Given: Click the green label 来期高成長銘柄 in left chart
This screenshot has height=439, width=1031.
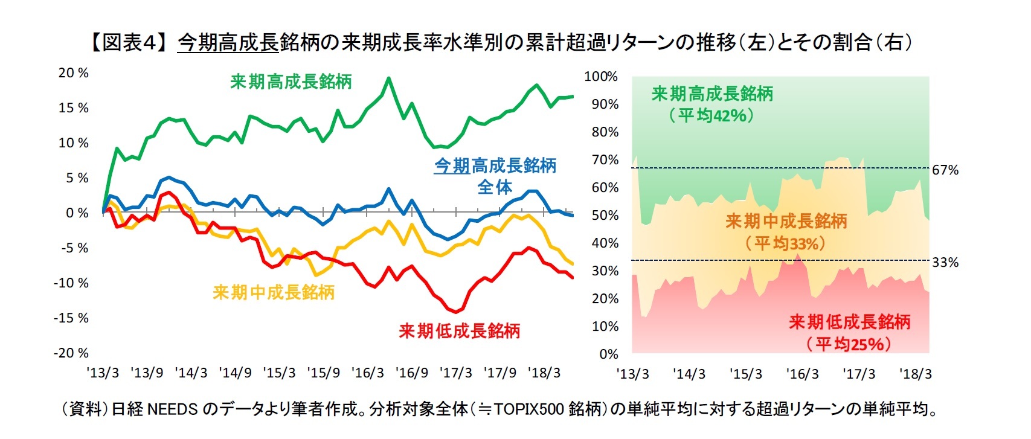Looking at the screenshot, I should (291, 82).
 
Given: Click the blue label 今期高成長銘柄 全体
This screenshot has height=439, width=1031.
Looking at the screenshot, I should (495, 176).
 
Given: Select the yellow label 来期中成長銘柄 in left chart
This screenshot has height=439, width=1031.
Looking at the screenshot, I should (274, 292).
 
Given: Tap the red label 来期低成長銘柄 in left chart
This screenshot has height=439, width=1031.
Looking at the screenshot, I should (459, 330).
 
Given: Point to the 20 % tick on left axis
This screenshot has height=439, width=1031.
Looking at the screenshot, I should (73, 73).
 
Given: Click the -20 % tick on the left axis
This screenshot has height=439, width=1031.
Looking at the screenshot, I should (71, 353).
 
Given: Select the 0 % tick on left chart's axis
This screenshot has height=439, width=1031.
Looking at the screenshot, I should (77, 213).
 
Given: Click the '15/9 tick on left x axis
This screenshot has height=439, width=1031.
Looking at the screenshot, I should (323, 373).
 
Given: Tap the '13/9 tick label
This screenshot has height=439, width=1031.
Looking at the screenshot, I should (147, 373).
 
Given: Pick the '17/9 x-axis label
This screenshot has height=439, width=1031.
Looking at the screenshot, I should (499, 373).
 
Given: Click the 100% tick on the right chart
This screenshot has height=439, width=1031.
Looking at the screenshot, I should (601, 77).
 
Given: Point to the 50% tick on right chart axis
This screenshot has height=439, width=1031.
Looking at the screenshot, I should (605, 216).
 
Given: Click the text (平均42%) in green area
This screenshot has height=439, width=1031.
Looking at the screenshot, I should (712, 115).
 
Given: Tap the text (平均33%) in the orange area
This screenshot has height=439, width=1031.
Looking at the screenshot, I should (785, 243).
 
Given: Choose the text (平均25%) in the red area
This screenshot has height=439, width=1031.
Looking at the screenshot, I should (849, 344).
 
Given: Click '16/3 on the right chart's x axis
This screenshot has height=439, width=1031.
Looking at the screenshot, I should (802, 374).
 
